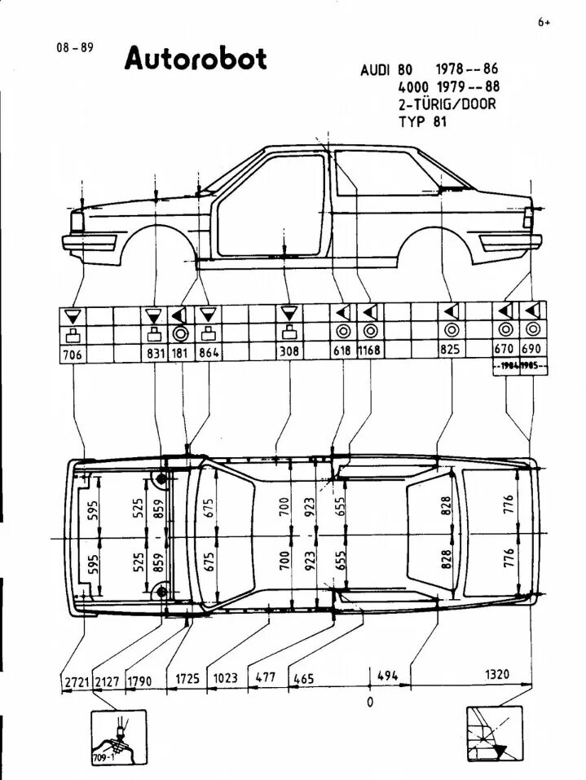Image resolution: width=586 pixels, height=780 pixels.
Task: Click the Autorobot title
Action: pyautogui.click(x=196, y=59)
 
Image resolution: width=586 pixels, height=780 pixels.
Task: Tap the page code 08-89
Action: pyautogui.click(x=73, y=47)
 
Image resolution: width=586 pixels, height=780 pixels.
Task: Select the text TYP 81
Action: pyautogui.click(x=422, y=121)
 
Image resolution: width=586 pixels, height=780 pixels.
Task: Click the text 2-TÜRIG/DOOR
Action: pyautogui.click(x=447, y=104)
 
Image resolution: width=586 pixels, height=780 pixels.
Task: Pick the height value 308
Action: pyautogui.click(x=289, y=351)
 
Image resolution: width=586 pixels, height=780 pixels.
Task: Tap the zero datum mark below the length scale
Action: pyautogui.click(x=369, y=701)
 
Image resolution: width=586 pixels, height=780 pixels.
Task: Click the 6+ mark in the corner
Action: pyautogui.click(x=544, y=23)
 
